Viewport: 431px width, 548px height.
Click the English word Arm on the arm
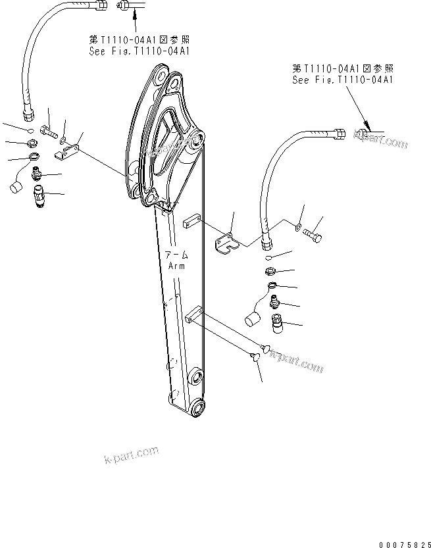pyautogui.click(x=176, y=266)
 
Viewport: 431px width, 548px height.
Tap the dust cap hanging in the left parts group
pyautogui.click(x=17, y=186)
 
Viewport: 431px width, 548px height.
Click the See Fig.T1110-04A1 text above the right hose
pyautogui.click(x=342, y=80)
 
